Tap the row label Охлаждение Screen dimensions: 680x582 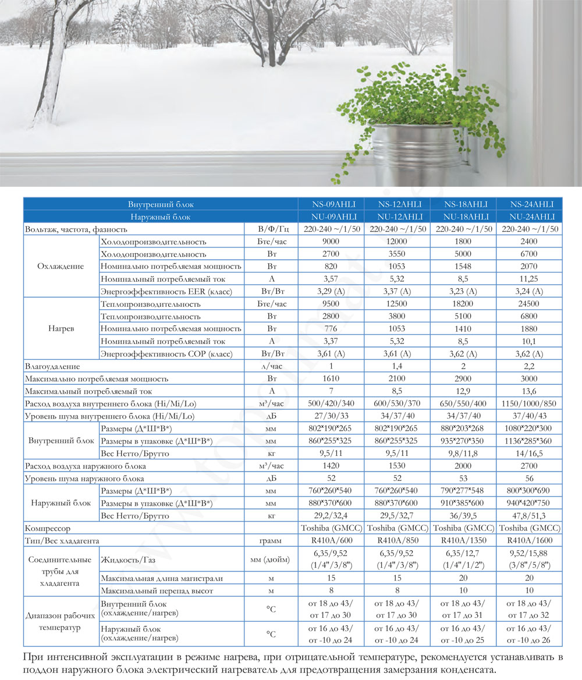pyautogui.click(x=61, y=266)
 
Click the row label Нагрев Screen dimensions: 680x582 pyautogui.click(x=61, y=329)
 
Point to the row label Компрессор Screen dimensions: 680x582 pyautogui.click(x=48, y=529)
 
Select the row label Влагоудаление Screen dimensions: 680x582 pyautogui.click(x=52, y=367)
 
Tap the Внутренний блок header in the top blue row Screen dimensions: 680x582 pyautogui.click(x=161, y=204)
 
